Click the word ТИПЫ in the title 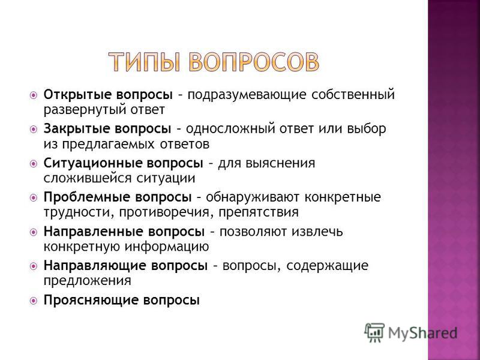145,62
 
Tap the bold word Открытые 77,95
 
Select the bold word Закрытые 76,129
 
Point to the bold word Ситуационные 92,163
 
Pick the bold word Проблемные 86,197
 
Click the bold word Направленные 93,232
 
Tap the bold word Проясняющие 91,300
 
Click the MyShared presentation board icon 374,332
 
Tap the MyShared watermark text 422,333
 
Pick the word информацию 167,247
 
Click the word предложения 87,281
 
